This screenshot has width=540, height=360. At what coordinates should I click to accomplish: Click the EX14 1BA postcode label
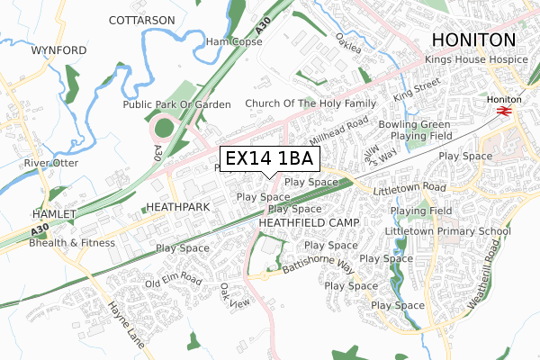[x=268, y=158]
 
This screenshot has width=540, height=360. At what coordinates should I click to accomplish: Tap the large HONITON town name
[x=473, y=39]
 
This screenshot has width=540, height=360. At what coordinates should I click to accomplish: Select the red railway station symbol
[x=503, y=110]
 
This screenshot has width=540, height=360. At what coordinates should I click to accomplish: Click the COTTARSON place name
[x=141, y=20]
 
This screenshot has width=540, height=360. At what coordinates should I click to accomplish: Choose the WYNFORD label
[x=58, y=50]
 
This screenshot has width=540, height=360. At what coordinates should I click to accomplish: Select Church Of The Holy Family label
[x=310, y=103]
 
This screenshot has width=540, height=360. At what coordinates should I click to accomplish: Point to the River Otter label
[x=48, y=163]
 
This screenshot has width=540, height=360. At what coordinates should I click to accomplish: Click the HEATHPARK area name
[x=177, y=207]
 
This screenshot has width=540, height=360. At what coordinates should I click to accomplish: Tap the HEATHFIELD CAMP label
[x=309, y=222]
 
